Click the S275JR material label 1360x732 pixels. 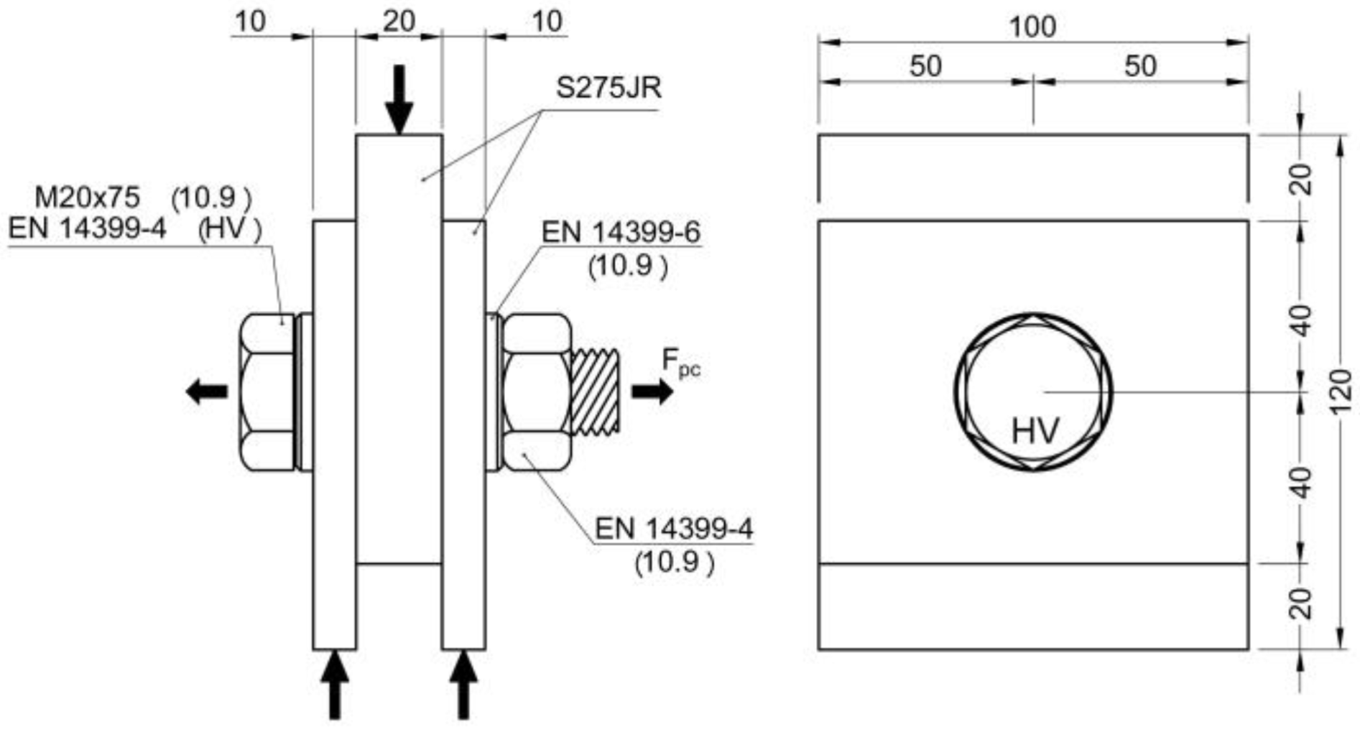click(x=608, y=88)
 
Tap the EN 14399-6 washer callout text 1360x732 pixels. click(x=620, y=233)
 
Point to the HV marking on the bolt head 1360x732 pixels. click(x=1035, y=431)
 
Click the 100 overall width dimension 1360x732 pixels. click(x=1032, y=27)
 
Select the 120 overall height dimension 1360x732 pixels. click(x=1341, y=392)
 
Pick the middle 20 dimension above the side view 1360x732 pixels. click(x=399, y=22)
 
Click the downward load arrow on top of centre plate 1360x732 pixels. click(x=399, y=98)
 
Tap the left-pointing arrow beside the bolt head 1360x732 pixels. click(x=206, y=392)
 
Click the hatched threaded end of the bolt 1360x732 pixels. click(x=594, y=392)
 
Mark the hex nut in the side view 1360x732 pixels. click(x=536, y=392)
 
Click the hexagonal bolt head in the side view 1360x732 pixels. click(x=266, y=392)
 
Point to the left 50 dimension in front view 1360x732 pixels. click(x=925, y=66)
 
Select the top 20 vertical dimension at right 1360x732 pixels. click(x=1300, y=179)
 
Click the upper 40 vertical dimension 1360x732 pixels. click(x=1300, y=320)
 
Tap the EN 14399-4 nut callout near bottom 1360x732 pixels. click(x=673, y=529)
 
